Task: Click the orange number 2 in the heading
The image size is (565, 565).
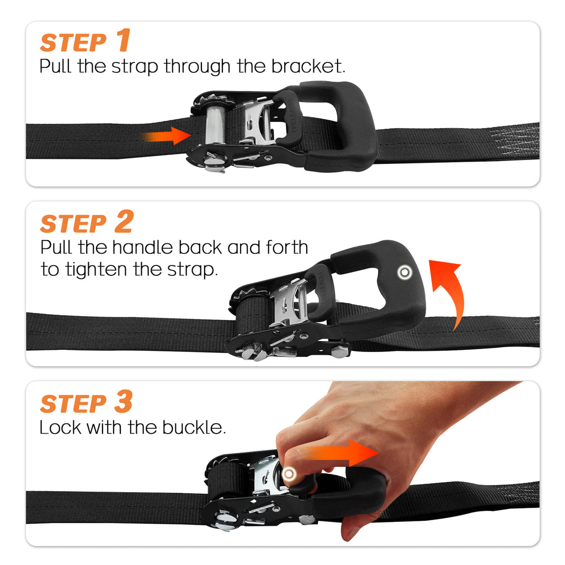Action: point(124,222)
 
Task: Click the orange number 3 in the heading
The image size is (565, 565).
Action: point(124,402)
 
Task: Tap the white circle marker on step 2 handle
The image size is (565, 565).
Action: point(406,271)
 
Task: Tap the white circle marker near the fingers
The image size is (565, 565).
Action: point(288,474)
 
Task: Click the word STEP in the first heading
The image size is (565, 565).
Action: point(73,43)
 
